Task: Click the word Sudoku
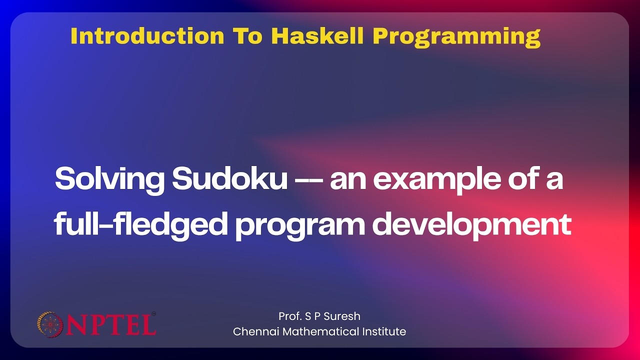(229, 179)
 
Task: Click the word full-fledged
(141, 225)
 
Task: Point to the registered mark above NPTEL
(153, 314)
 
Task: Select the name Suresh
(343, 316)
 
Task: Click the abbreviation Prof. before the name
(290, 316)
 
